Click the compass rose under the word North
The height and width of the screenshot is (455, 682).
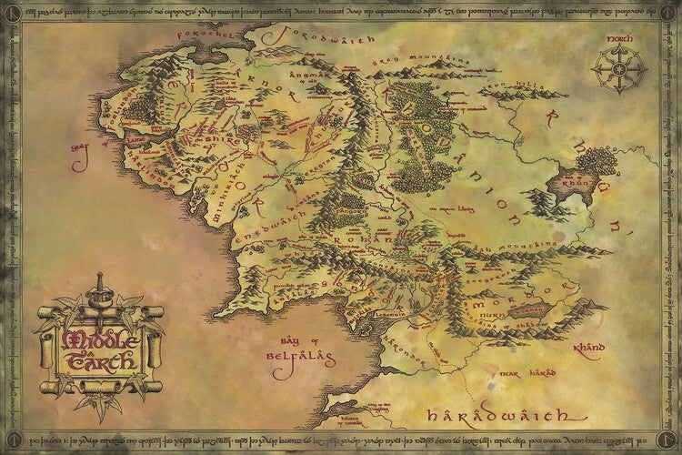click(618, 69)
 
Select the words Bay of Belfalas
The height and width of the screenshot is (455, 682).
click(293, 351)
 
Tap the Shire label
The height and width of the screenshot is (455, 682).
click(216, 138)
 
